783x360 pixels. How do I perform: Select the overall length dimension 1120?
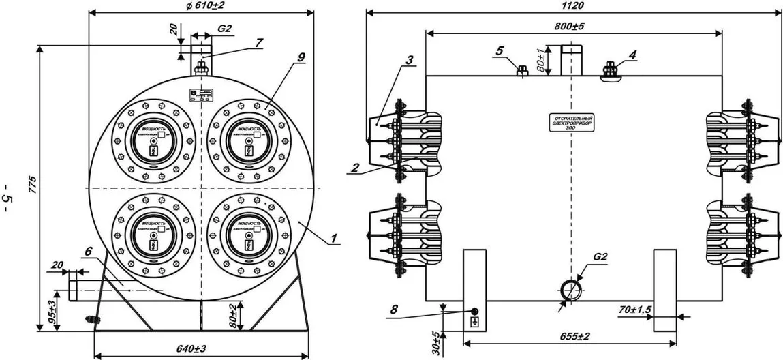click(574, 5)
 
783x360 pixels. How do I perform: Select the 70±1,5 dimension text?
click(636, 311)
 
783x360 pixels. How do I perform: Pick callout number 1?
click(334, 239)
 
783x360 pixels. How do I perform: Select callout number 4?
click(634, 52)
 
